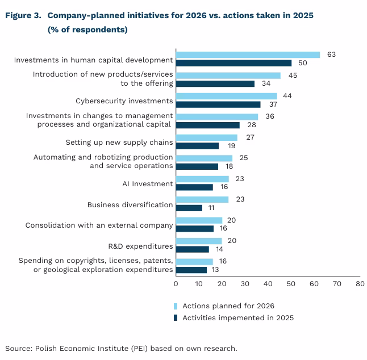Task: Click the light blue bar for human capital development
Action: [248, 55]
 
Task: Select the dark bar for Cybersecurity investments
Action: [218, 104]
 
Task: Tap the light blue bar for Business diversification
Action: [202, 200]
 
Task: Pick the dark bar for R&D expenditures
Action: [193, 249]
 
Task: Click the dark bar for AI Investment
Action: [194, 187]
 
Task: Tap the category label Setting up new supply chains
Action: [119, 142]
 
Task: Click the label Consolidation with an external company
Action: [99, 225]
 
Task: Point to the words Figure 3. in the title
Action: [23, 16]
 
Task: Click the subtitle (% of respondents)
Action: [87, 30]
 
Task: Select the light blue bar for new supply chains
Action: [207, 137]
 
